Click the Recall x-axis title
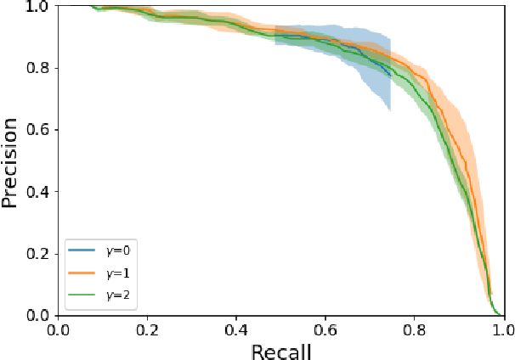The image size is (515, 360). [x=281, y=349]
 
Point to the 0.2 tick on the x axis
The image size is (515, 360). [x=147, y=316]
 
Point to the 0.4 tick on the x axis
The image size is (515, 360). [x=236, y=316]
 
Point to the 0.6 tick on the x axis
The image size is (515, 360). [x=325, y=316]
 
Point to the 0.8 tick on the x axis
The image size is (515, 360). [x=415, y=316]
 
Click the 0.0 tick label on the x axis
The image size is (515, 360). [x=58, y=327]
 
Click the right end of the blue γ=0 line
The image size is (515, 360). [x=390, y=76]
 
